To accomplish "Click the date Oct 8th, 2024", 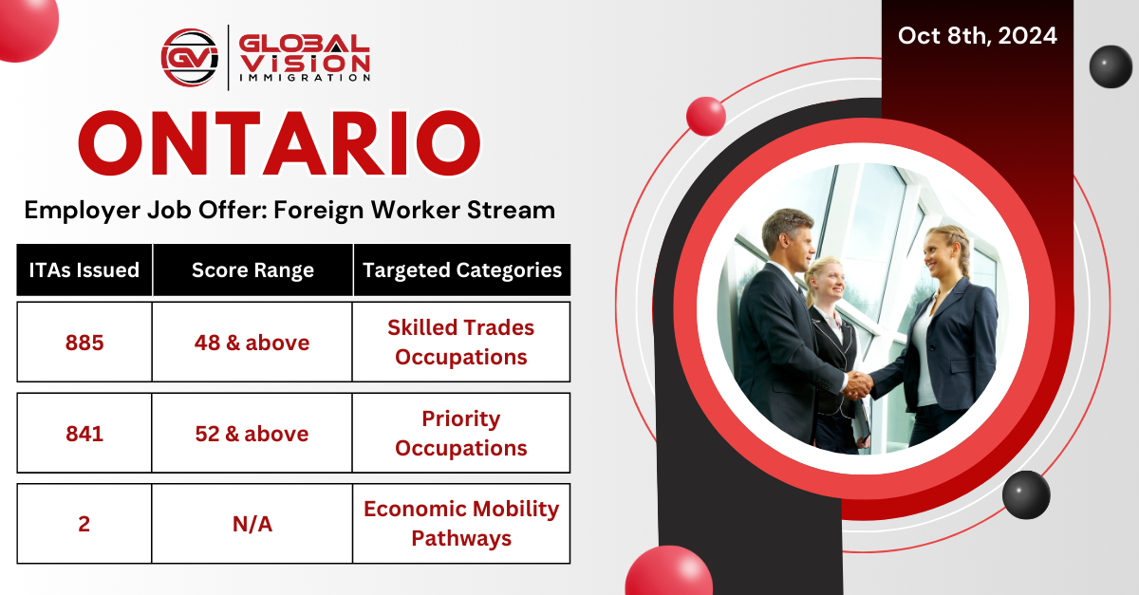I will tap(977, 37).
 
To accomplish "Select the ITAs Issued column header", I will tap(84, 270).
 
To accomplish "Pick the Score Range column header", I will tap(252, 270).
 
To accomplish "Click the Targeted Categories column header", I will tap(461, 270).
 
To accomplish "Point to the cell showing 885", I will tap(84, 343).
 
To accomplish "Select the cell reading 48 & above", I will tap(252, 343).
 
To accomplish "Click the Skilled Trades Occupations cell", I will tap(461, 343).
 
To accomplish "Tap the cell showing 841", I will tap(84, 434).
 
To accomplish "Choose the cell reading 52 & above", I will tap(252, 434).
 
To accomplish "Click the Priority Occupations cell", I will tap(461, 434).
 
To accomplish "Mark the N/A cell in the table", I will tap(252, 524).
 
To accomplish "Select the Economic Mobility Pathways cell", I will tap(461, 524).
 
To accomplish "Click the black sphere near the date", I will tap(1111, 66).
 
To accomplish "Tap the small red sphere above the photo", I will tap(705, 115).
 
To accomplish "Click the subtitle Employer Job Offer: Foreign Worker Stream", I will tap(289, 210).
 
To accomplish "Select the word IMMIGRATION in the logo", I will tap(304, 79).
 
